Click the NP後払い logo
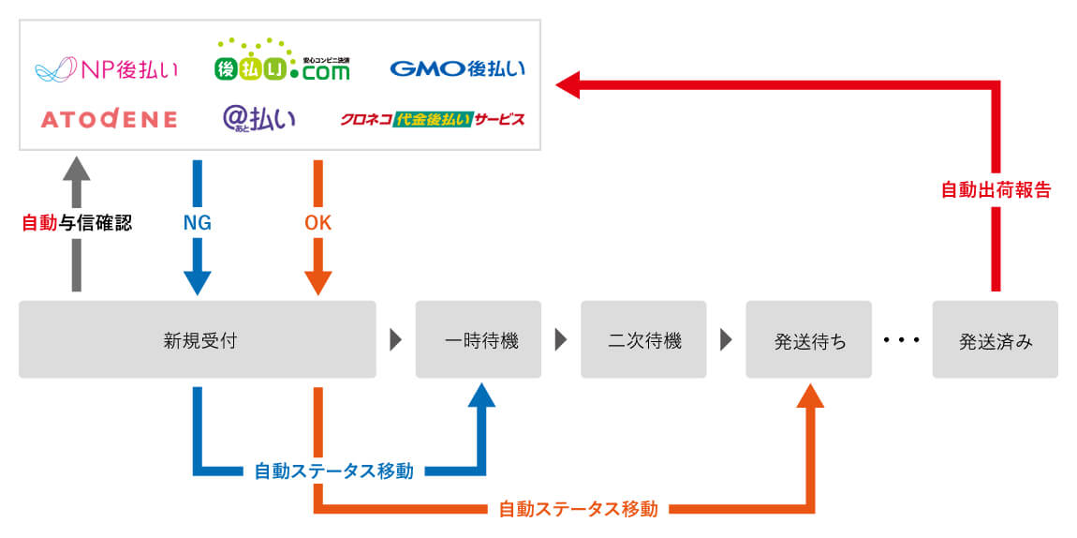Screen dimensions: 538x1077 [x=106, y=69]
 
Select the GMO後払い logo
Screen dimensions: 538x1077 [x=457, y=68]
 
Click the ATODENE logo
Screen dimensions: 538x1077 [x=109, y=119]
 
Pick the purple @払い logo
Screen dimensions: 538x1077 [x=258, y=118]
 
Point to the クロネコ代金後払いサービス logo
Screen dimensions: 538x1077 [x=432, y=119]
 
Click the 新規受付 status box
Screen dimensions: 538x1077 [x=197, y=339]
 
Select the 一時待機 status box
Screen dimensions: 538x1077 [x=478, y=339]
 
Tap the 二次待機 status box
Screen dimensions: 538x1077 [x=643, y=339]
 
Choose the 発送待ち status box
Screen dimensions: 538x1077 [x=808, y=339]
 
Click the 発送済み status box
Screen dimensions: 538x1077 [x=995, y=339]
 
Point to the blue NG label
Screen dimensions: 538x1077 [x=197, y=223]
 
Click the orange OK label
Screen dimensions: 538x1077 [x=318, y=223]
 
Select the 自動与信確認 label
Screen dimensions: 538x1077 [x=77, y=223]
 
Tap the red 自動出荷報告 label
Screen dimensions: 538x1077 [x=996, y=189]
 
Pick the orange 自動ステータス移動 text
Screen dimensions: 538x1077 [x=578, y=510]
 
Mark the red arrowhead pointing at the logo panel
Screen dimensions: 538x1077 [x=568, y=86]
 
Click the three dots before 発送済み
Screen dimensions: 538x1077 [x=902, y=339]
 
